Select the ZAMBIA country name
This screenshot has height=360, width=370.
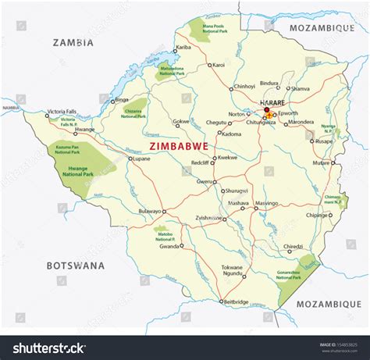point(73,43)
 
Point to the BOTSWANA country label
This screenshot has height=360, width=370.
point(75,266)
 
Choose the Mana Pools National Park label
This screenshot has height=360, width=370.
point(212,29)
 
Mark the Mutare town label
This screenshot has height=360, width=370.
point(320,164)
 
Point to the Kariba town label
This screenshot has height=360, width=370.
point(183,48)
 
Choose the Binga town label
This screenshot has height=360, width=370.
point(122,100)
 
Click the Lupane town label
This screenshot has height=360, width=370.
point(141,159)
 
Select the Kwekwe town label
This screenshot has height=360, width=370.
point(228,158)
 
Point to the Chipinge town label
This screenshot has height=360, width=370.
point(317,214)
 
